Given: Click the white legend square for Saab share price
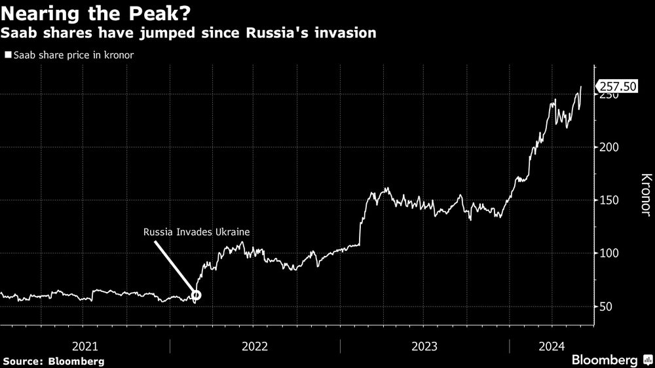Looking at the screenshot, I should [7, 56].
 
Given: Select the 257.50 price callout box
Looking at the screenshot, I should [618, 86].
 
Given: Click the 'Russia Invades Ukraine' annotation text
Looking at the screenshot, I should [196, 231].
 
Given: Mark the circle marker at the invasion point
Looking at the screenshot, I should [195, 295].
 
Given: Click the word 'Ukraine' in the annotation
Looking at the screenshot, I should [234, 231].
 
